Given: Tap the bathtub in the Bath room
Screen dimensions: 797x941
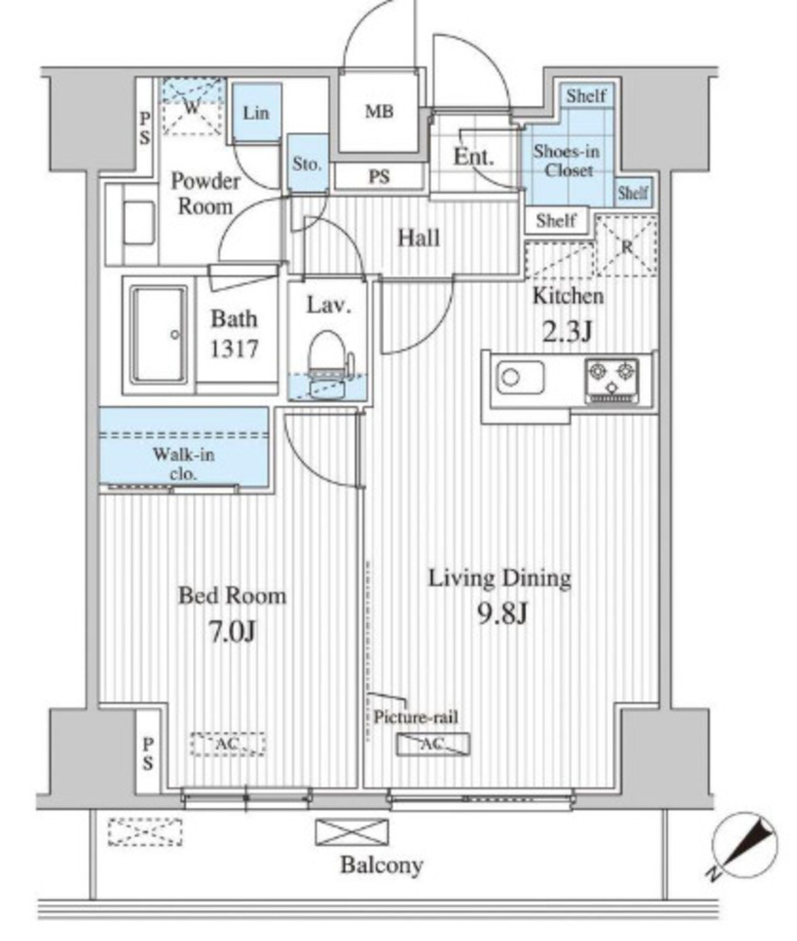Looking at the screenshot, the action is click(x=159, y=334).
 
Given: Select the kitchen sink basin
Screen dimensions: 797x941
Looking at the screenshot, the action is click(x=520, y=378).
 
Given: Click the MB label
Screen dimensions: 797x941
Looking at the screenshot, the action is click(x=380, y=111).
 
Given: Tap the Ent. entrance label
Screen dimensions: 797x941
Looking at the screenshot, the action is click(x=473, y=156).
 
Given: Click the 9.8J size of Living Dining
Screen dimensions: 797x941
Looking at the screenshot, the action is click(x=502, y=613).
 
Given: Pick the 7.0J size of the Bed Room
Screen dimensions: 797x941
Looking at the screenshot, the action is click(x=233, y=631).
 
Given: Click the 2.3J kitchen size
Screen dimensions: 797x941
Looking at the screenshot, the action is click(x=568, y=331).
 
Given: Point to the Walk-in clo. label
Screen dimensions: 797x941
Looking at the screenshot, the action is click(x=183, y=464).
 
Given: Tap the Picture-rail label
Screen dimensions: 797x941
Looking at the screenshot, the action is click(x=416, y=717).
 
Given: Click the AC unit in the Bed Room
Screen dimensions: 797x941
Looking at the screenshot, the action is click(x=228, y=744).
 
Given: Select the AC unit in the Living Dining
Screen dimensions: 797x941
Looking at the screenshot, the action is click(x=433, y=744).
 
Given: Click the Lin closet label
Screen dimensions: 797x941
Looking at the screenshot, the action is click(x=256, y=113).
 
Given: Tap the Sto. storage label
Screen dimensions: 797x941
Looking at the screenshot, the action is click(x=307, y=164).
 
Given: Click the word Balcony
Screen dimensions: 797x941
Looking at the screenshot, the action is click(x=381, y=865).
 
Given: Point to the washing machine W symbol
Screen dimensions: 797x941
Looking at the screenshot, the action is click(x=191, y=108).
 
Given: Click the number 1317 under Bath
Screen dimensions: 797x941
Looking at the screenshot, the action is click(x=234, y=348).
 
